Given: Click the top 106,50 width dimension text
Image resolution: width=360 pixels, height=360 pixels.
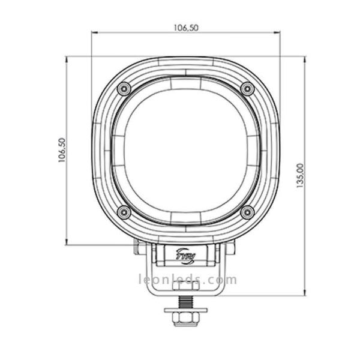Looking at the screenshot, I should tap(186, 27).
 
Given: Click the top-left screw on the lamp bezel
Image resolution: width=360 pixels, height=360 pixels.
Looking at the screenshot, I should tap(124, 88).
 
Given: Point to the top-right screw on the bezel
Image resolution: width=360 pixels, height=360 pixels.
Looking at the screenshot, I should tap(247, 88).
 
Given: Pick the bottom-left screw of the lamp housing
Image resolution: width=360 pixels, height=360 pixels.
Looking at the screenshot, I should tap(124, 212).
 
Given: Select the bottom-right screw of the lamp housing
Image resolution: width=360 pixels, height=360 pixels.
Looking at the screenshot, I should tap(247, 212).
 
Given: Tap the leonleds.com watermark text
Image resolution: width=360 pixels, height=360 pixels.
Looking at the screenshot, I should tap(187, 280).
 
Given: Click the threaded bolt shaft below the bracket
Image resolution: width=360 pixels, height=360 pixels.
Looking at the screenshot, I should tap(185, 299).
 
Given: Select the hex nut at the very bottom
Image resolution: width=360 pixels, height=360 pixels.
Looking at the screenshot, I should tap(185, 320).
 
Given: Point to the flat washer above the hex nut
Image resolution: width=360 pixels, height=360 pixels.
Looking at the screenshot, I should tap(185, 311).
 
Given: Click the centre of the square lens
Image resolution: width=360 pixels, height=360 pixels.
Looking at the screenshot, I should tap(185, 150).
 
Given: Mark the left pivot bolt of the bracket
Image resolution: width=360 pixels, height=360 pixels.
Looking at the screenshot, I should tap(139, 247).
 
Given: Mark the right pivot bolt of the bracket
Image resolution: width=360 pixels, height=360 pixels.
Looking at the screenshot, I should tap(232, 247).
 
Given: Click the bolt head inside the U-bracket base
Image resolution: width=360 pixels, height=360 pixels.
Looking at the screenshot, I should tap(185, 287).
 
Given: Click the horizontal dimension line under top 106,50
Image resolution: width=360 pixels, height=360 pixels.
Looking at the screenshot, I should tap(186, 34).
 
